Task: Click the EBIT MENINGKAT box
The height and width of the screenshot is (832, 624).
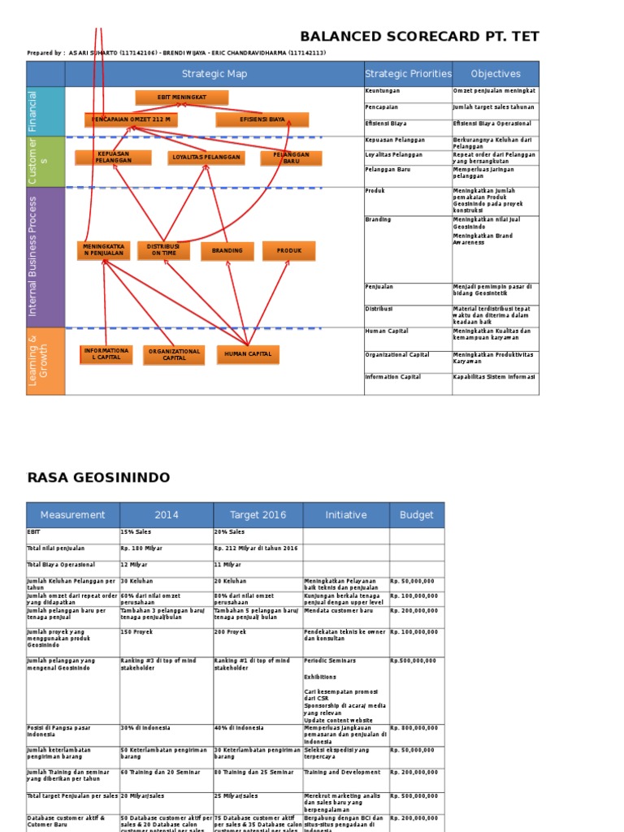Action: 181,97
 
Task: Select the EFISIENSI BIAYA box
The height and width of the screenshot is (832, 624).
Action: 262,119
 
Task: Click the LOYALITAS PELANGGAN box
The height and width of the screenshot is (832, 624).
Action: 206,157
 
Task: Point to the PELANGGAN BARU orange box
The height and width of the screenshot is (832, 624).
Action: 291,158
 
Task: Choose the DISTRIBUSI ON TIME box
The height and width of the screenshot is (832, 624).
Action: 163,250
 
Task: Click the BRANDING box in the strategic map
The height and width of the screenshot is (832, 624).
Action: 227,251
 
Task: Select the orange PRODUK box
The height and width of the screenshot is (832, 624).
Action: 288,251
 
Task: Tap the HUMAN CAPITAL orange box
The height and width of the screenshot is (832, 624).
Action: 248,354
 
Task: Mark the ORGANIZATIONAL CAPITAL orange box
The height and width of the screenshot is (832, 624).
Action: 175,354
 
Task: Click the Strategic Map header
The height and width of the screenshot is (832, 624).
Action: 214,74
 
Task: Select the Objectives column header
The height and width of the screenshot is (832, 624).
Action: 496,74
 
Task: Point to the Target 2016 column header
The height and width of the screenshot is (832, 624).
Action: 258,514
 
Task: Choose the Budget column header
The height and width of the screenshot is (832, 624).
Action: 417,514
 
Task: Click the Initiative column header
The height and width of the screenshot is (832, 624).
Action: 346,514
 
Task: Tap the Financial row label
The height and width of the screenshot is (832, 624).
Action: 33,111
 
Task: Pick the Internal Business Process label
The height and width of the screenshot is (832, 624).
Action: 33,256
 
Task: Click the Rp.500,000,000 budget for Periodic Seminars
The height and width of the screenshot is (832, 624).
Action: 416,661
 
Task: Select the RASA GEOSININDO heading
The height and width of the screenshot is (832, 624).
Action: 99,477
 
